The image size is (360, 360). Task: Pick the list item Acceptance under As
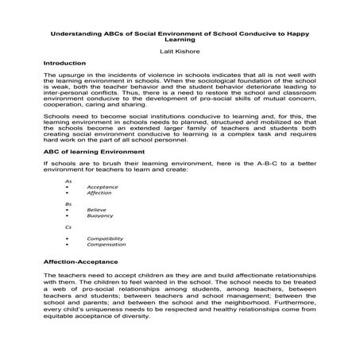(x=103, y=186)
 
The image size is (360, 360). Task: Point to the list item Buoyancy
(x=100, y=215)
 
